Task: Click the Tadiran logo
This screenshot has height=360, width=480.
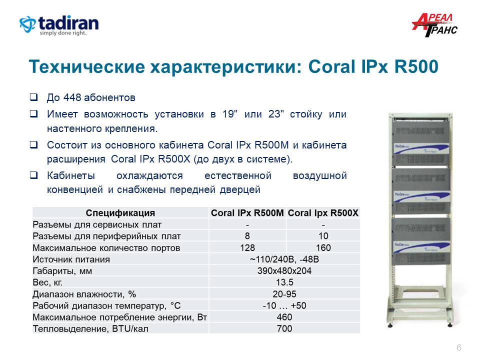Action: [59, 25]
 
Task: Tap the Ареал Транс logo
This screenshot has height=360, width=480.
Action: [434, 25]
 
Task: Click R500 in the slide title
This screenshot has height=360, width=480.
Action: [416, 66]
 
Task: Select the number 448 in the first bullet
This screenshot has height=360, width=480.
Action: [72, 97]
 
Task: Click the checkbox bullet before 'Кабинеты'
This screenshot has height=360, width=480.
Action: [33, 175]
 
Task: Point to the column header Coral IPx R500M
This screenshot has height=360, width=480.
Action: [247, 213]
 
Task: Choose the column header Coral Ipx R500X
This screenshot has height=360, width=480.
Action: [323, 213]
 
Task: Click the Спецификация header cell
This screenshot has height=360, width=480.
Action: [120, 213]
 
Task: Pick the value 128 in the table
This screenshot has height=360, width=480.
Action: [247, 247]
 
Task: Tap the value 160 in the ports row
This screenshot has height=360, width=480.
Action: [323, 247]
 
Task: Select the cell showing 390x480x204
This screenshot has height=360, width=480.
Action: [284, 271]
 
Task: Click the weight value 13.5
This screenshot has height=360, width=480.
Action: [284, 282]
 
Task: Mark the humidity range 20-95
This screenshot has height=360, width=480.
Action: [284, 294]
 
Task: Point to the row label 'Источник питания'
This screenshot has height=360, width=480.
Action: [71, 259]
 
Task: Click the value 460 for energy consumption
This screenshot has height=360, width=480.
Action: [284, 317]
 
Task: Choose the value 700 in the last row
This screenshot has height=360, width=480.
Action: [284, 328]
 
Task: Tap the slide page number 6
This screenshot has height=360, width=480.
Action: [459, 348]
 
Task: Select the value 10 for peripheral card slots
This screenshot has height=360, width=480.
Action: [323, 236]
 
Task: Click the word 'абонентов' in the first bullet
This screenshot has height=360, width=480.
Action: [109, 97]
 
